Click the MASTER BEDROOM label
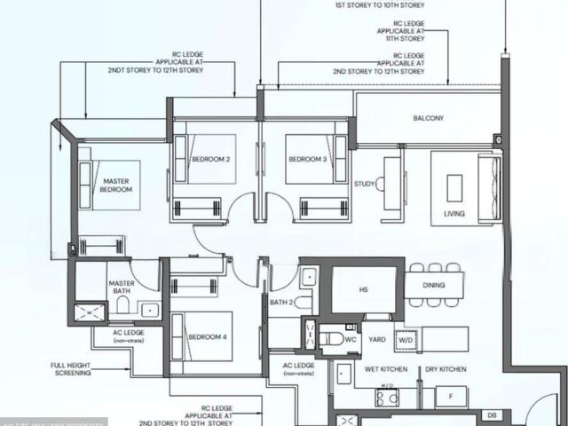[x=115, y=185]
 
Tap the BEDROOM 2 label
[x=211, y=160]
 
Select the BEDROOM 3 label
[x=307, y=160]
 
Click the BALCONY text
[x=428, y=118]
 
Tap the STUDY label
[x=365, y=184]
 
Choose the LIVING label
[x=454, y=214]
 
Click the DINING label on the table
[x=434, y=285]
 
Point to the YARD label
[x=377, y=338]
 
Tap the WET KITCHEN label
[x=384, y=367]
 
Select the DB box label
[x=493, y=414]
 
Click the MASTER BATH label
[x=122, y=288]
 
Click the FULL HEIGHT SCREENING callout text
[x=71, y=369]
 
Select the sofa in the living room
[x=489, y=188]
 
